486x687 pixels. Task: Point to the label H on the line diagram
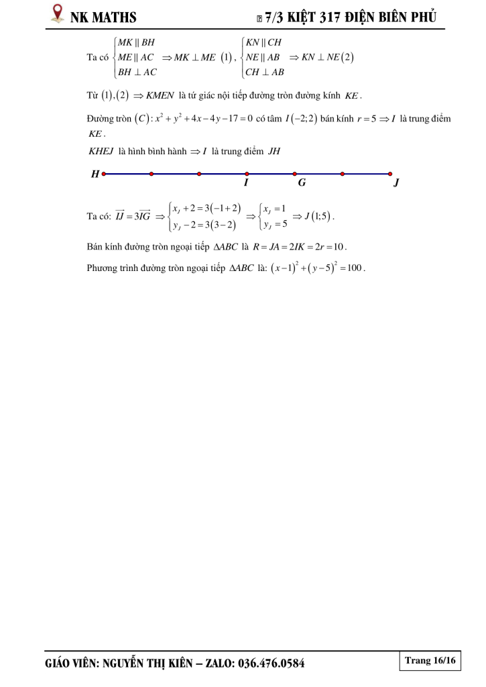(x=95, y=174)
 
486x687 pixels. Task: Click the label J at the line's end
(x=396, y=182)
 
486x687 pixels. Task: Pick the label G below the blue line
(x=302, y=182)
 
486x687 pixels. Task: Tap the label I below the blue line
(x=246, y=182)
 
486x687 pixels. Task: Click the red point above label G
(x=295, y=174)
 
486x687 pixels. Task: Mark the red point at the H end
(x=103, y=174)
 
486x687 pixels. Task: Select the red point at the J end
(x=390, y=174)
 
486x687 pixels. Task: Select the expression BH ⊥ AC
(x=137, y=72)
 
